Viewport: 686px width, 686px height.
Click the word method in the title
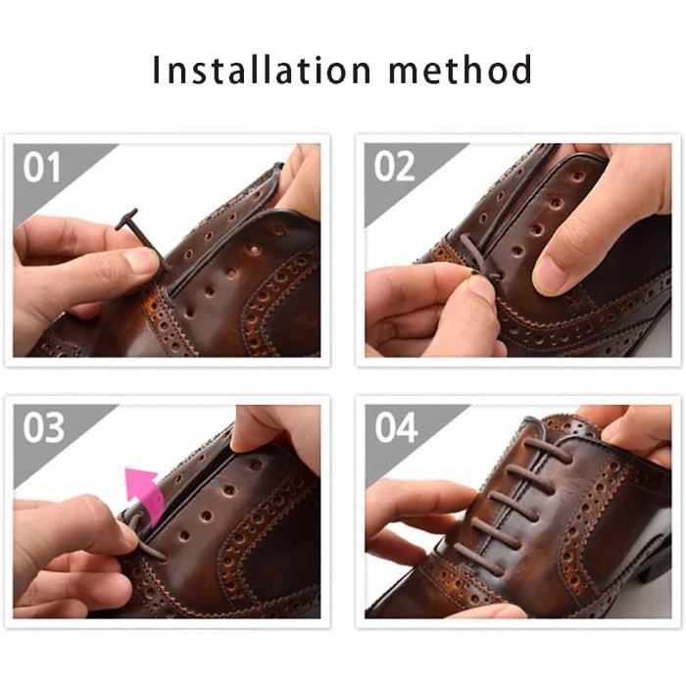pyautogui.click(x=461, y=70)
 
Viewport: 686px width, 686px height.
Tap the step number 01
pyautogui.click(x=41, y=168)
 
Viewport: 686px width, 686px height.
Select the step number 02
pyautogui.click(x=394, y=167)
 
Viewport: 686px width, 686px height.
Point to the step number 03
pyautogui.click(x=43, y=427)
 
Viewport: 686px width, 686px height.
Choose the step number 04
pyautogui.click(x=396, y=427)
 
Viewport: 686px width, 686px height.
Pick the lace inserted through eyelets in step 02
pyautogui.click(x=480, y=259)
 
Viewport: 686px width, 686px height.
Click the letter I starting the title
pyautogui.click(x=155, y=70)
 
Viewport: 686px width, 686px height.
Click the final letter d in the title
pyautogui.click(x=522, y=70)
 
